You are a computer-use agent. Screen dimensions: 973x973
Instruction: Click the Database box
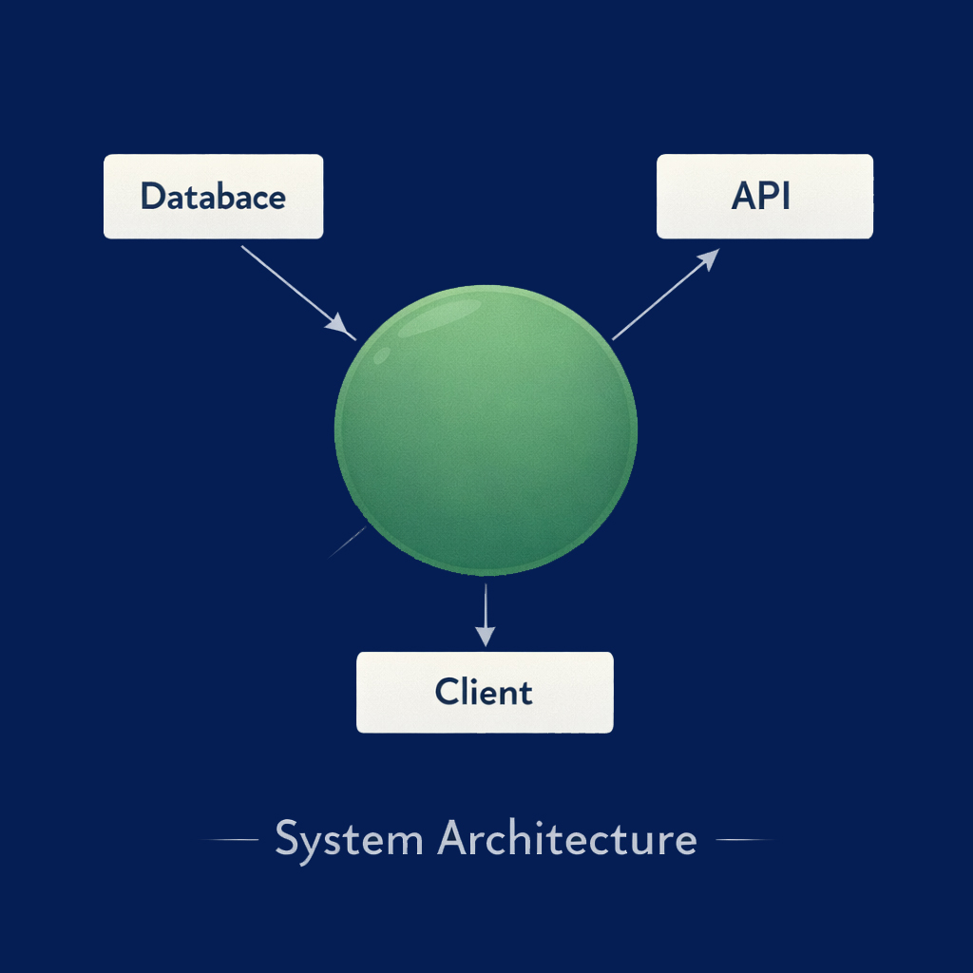(213, 197)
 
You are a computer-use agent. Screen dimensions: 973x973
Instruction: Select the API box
(764, 197)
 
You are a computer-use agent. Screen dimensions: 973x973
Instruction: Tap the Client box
(485, 692)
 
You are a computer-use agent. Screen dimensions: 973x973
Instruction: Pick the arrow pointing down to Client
(486, 613)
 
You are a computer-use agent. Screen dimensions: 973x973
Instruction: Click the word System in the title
(349, 840)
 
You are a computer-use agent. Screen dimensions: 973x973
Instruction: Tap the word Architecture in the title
(567, 840)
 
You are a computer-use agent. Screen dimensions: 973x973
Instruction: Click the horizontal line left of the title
(231, 840)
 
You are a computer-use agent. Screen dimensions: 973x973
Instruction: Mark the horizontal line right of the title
(742, 840)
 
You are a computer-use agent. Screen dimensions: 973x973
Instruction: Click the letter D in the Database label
(151, 197)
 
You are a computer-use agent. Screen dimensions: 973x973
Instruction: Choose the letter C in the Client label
(446, 692)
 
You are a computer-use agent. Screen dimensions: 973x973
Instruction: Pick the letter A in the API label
(744, 197)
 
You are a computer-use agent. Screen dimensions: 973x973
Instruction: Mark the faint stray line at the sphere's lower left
(347, 542)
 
